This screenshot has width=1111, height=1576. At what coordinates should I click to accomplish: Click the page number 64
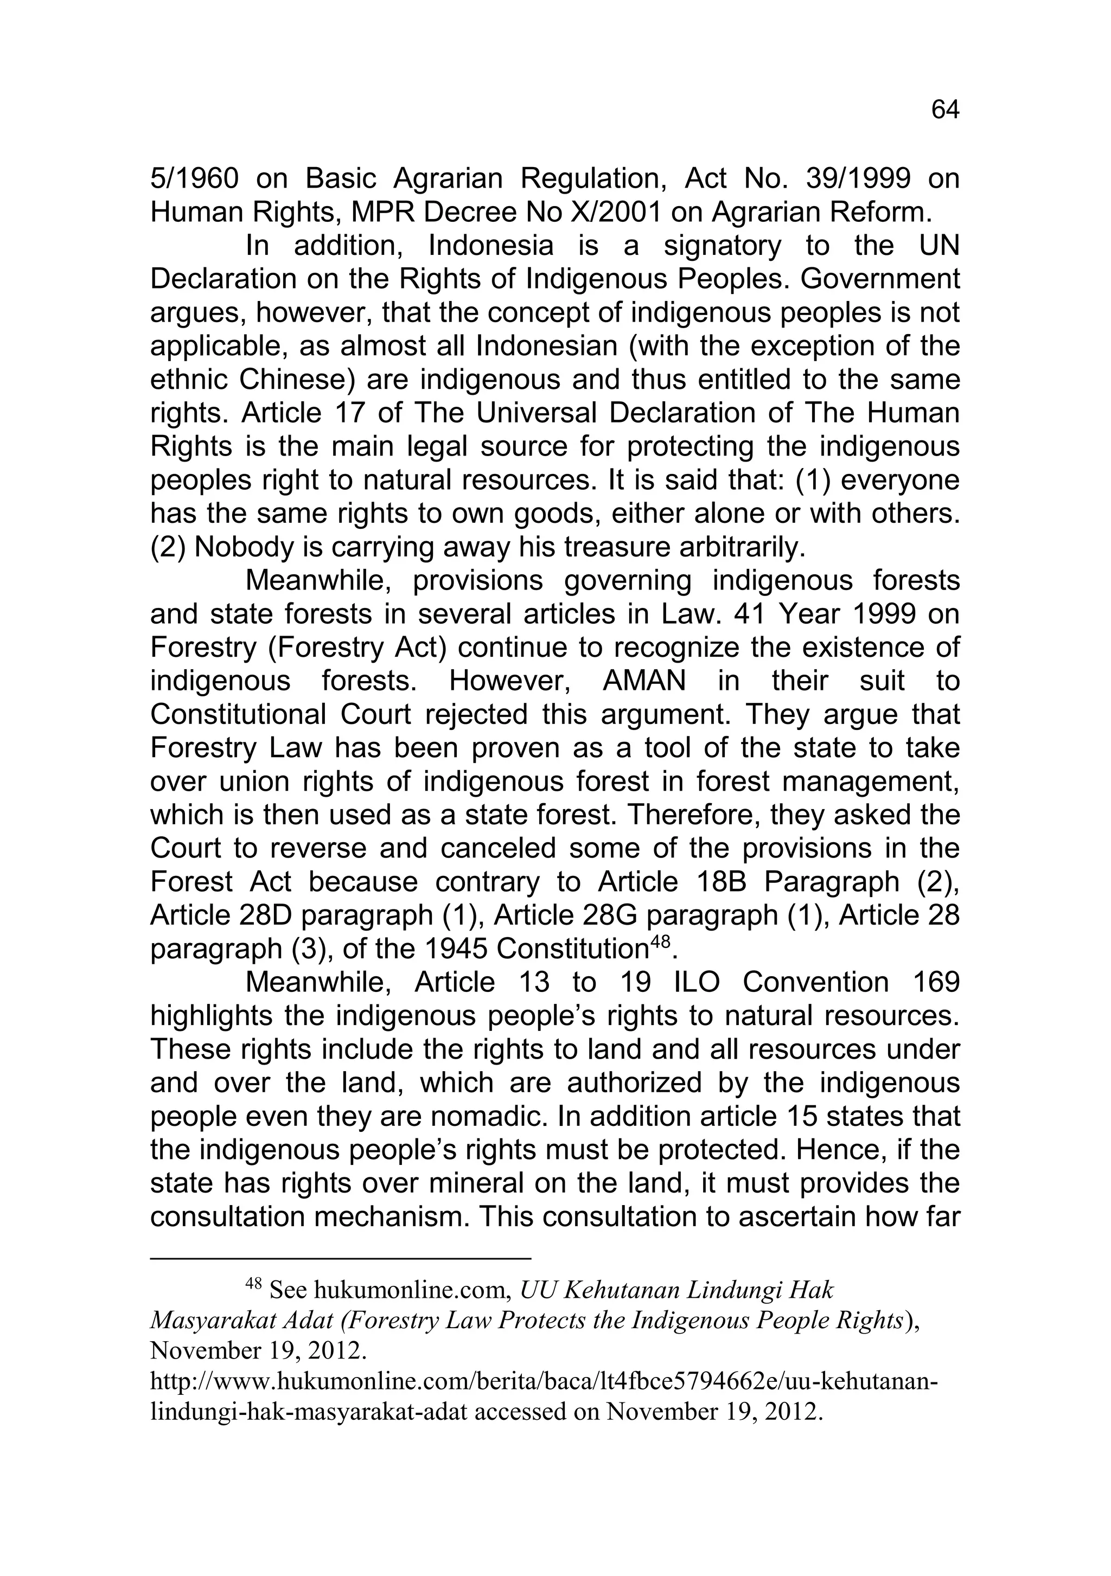[x=944, y=111]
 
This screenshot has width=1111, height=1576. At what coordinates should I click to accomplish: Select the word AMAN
[x=643, y=681]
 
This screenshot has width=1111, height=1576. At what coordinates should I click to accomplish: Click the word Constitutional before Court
[x=238, y=715]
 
